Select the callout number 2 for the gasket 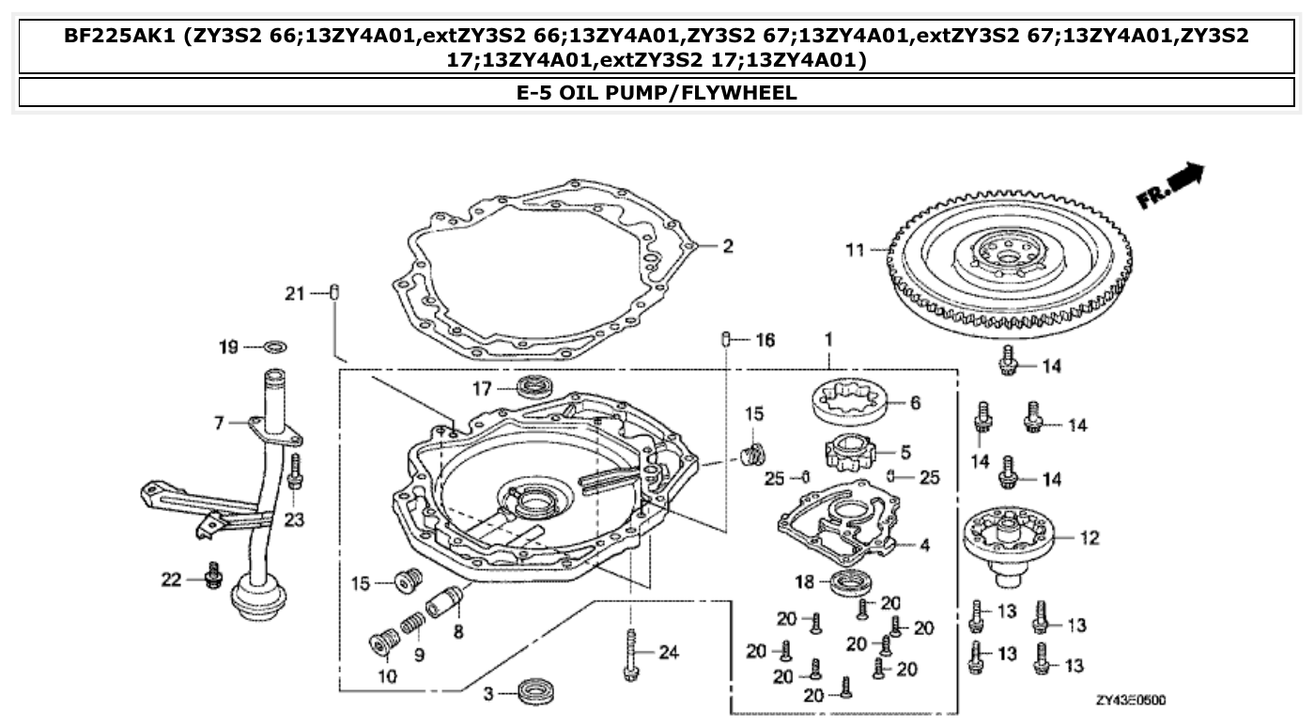click(x=727, y=247)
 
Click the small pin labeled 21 click(x=335, y=293)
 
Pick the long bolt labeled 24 click(x=628, y=654)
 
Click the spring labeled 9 click(x=412, y=623)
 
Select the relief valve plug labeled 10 click(x=381, y=646)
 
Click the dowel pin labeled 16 click(x=726, y=339)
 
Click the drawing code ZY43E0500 click(x=1131, y=702)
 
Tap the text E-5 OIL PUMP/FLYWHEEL click(x=656, y=92)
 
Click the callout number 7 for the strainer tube click(x=219, y=424)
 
